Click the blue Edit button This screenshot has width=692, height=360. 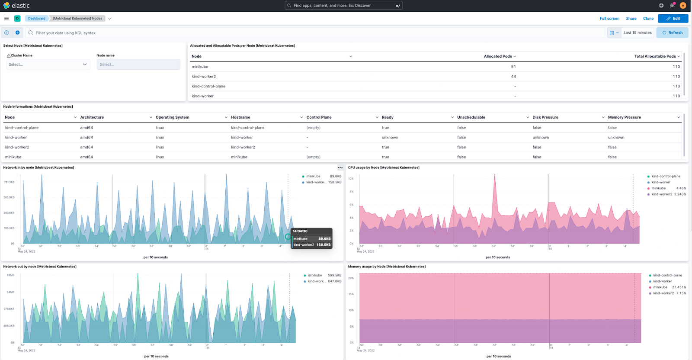click(x=673, y=19)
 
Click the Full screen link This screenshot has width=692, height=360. click(x=609, y=19)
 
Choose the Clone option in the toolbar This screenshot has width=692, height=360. click(x=648, y=19)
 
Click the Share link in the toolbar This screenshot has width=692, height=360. click(x=631, y=19)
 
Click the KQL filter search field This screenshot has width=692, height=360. click(x=303, y=33)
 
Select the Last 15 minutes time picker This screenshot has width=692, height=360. click(x=637, y=33)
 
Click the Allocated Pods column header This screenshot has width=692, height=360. click(x=497, y=56)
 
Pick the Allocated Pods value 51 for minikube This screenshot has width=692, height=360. click(x=513, y=67)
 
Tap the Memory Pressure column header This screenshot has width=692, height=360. click(x=624, y=117)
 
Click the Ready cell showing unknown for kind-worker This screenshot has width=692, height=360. click(x=390, y=138)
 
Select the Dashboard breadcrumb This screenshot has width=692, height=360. click(x=37, y=19)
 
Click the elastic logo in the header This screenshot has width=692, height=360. click(x=16, y=6)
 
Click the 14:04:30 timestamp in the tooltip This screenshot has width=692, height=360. click(x=300, y=231)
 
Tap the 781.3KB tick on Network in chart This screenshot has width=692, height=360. click(x=9, y=182)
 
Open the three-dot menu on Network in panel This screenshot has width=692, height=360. click(x=340, y=167)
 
